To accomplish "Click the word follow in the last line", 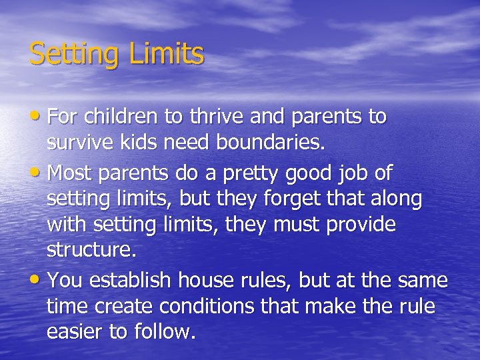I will coord(168,331).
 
